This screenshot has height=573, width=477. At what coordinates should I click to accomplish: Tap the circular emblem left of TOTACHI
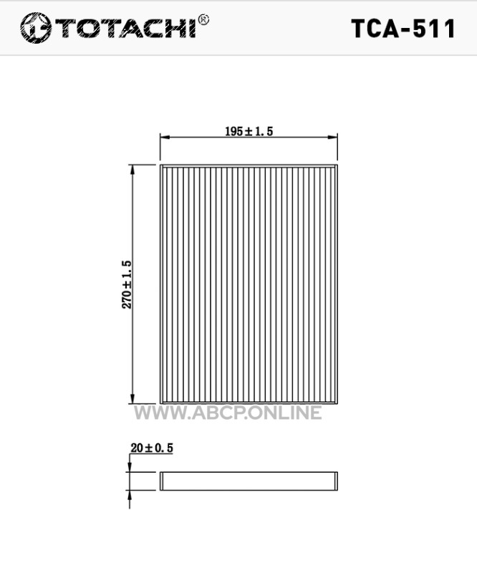[36, 28]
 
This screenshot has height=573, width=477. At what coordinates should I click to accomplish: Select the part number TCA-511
[403, 29]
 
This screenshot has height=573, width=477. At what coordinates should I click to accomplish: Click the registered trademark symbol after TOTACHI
[203, 20]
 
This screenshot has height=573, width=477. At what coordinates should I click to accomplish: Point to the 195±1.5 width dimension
[249, 131]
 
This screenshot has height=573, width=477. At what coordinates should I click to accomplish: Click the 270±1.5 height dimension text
[127, 284]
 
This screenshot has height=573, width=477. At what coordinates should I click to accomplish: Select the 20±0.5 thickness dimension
[152, 448]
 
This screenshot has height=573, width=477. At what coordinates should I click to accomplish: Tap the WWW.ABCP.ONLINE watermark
[228, 413]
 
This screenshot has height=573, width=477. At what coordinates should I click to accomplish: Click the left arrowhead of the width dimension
[165, 138]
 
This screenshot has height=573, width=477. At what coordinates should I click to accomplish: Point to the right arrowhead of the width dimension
[332, 138]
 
